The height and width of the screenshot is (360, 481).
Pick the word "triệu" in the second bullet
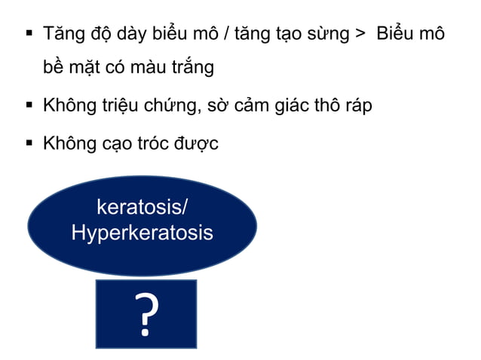pyautogui.click(x=122, y=105)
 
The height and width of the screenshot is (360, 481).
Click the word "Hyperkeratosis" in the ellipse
pyautogui.click(x=142, y=233)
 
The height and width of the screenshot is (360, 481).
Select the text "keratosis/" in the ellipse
pyautogui.click(x=142, y=206)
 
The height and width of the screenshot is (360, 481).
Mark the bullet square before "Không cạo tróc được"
pyautogui.click(x=29, y=142)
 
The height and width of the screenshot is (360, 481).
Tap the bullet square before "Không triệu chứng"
pyautogui.click(x=29, y=104)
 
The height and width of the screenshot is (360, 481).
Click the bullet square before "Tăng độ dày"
pyautogui.click(x=29, y=33)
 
